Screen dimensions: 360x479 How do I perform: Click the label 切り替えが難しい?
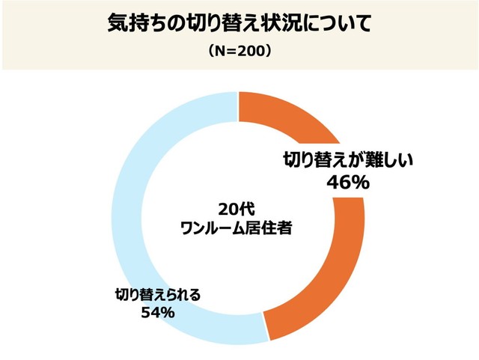tap(347, 159)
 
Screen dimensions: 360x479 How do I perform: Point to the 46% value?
tap(347, 182)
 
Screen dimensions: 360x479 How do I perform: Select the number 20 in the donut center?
tap(228, 210)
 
